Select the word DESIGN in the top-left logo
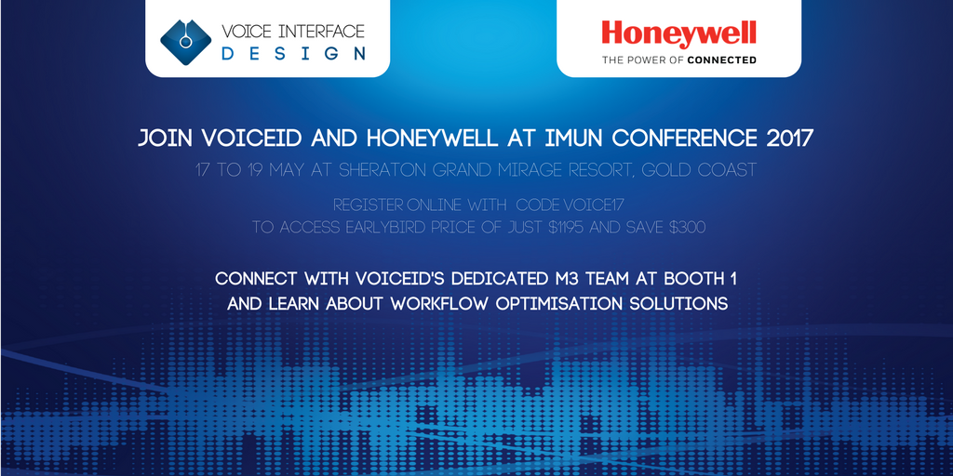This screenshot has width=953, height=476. pos(293,53)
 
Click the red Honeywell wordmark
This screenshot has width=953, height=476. pos(678,33)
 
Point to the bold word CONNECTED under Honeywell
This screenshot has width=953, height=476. pos(724,59)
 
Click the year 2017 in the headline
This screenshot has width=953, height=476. pos(789,139)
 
